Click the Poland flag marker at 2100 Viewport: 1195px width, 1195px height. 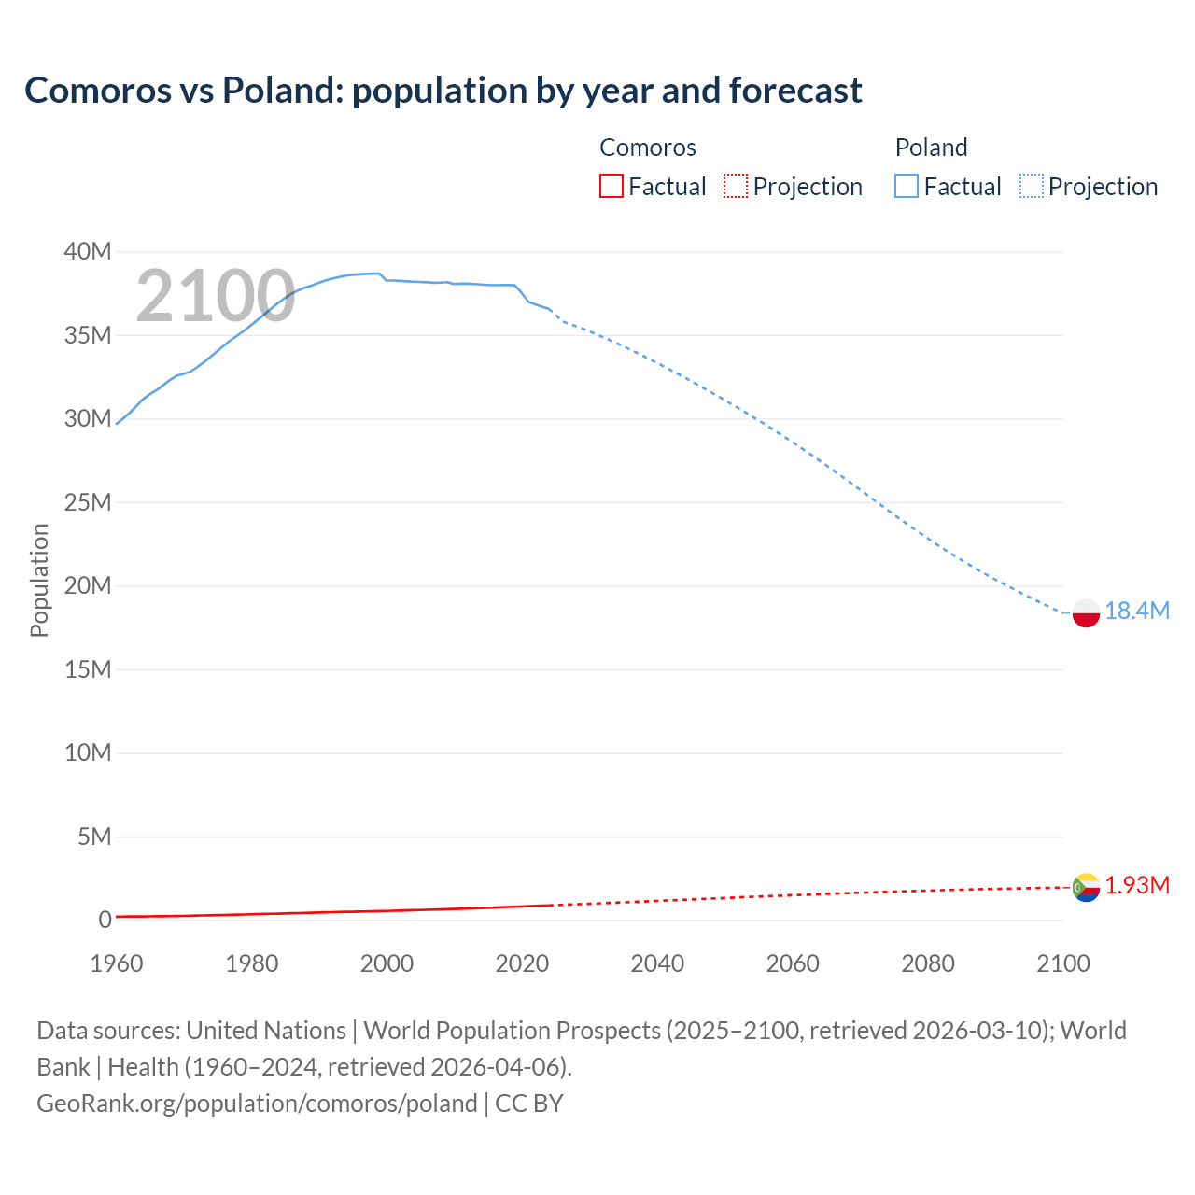pyautogui.click(x=1086, y=613)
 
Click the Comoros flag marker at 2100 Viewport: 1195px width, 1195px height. pyautogui.click(x=1086, y=887)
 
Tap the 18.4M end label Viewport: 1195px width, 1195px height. pyautogui.click(x=1136, y=611)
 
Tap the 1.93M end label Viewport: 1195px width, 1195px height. pyautogui.click(x=1136, y=885)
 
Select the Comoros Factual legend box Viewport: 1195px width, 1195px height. pyautogui.click(x=611, y=186)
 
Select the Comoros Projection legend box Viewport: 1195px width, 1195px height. pyautogui.click(x=736, y=186)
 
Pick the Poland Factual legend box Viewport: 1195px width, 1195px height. pyautogui.click(x=907, y=186)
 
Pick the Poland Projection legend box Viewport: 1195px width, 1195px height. pyautogui.click(x=1032, y=186)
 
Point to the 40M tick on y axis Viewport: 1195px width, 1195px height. pyautogui.click(x=88, y=251)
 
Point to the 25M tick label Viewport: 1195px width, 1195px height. pyautogui.click(x=88, y=502)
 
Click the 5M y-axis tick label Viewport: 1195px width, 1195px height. pyautogui.click(x=93, y=836)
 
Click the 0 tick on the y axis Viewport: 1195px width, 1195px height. pyautogui.click(x=105, y=920)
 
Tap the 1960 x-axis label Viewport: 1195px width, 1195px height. pyautogui.click(x=117, y=963)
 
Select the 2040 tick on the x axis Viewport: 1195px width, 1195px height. pyautogui.click(x=657, y=963)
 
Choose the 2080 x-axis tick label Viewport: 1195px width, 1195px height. pyautogui.click(x=928, y=963)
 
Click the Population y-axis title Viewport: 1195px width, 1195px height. pyautogui.click(x=39, y=580)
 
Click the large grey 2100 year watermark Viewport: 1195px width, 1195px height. pyautogui.click(x=216, y=297)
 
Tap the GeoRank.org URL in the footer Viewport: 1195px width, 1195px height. pyautogui.click(x=257, y=1104)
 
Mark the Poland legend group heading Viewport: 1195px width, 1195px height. pyautogui.click(x=931, y=148)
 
